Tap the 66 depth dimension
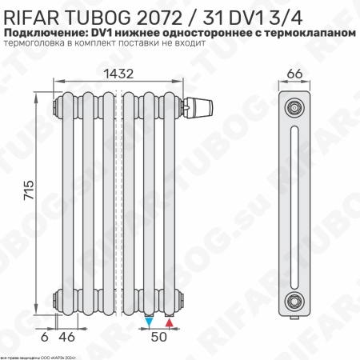click(295, 74)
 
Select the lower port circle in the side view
click(295, 302)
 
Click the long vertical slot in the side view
click(295, 203)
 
